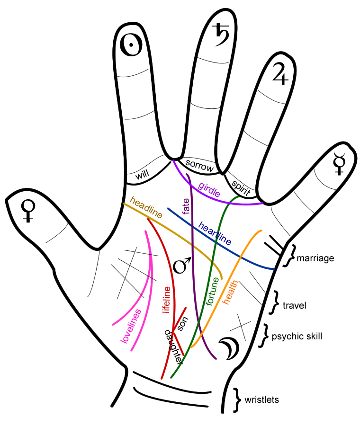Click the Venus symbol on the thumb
click(x=29, y=211)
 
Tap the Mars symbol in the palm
click(x=182, y=265)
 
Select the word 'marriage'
click(x=315, y=258)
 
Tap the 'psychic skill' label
click(x=297, y=337)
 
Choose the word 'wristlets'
click(x=262, y=400)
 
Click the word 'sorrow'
click(x=199, y=165)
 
